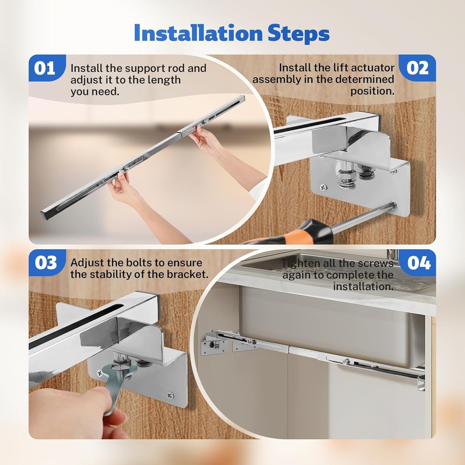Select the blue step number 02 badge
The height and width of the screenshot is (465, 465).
[x=417, y=68]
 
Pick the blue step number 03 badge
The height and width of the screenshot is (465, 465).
[x=46, y=262]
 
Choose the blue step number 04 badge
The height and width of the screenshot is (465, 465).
[x=417, y=262]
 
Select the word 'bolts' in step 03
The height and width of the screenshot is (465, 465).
[x=146, y=262]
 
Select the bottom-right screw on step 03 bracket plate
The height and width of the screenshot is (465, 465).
[x=170, y=395]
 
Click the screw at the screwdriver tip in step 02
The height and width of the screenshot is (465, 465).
[x=391, y=205]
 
